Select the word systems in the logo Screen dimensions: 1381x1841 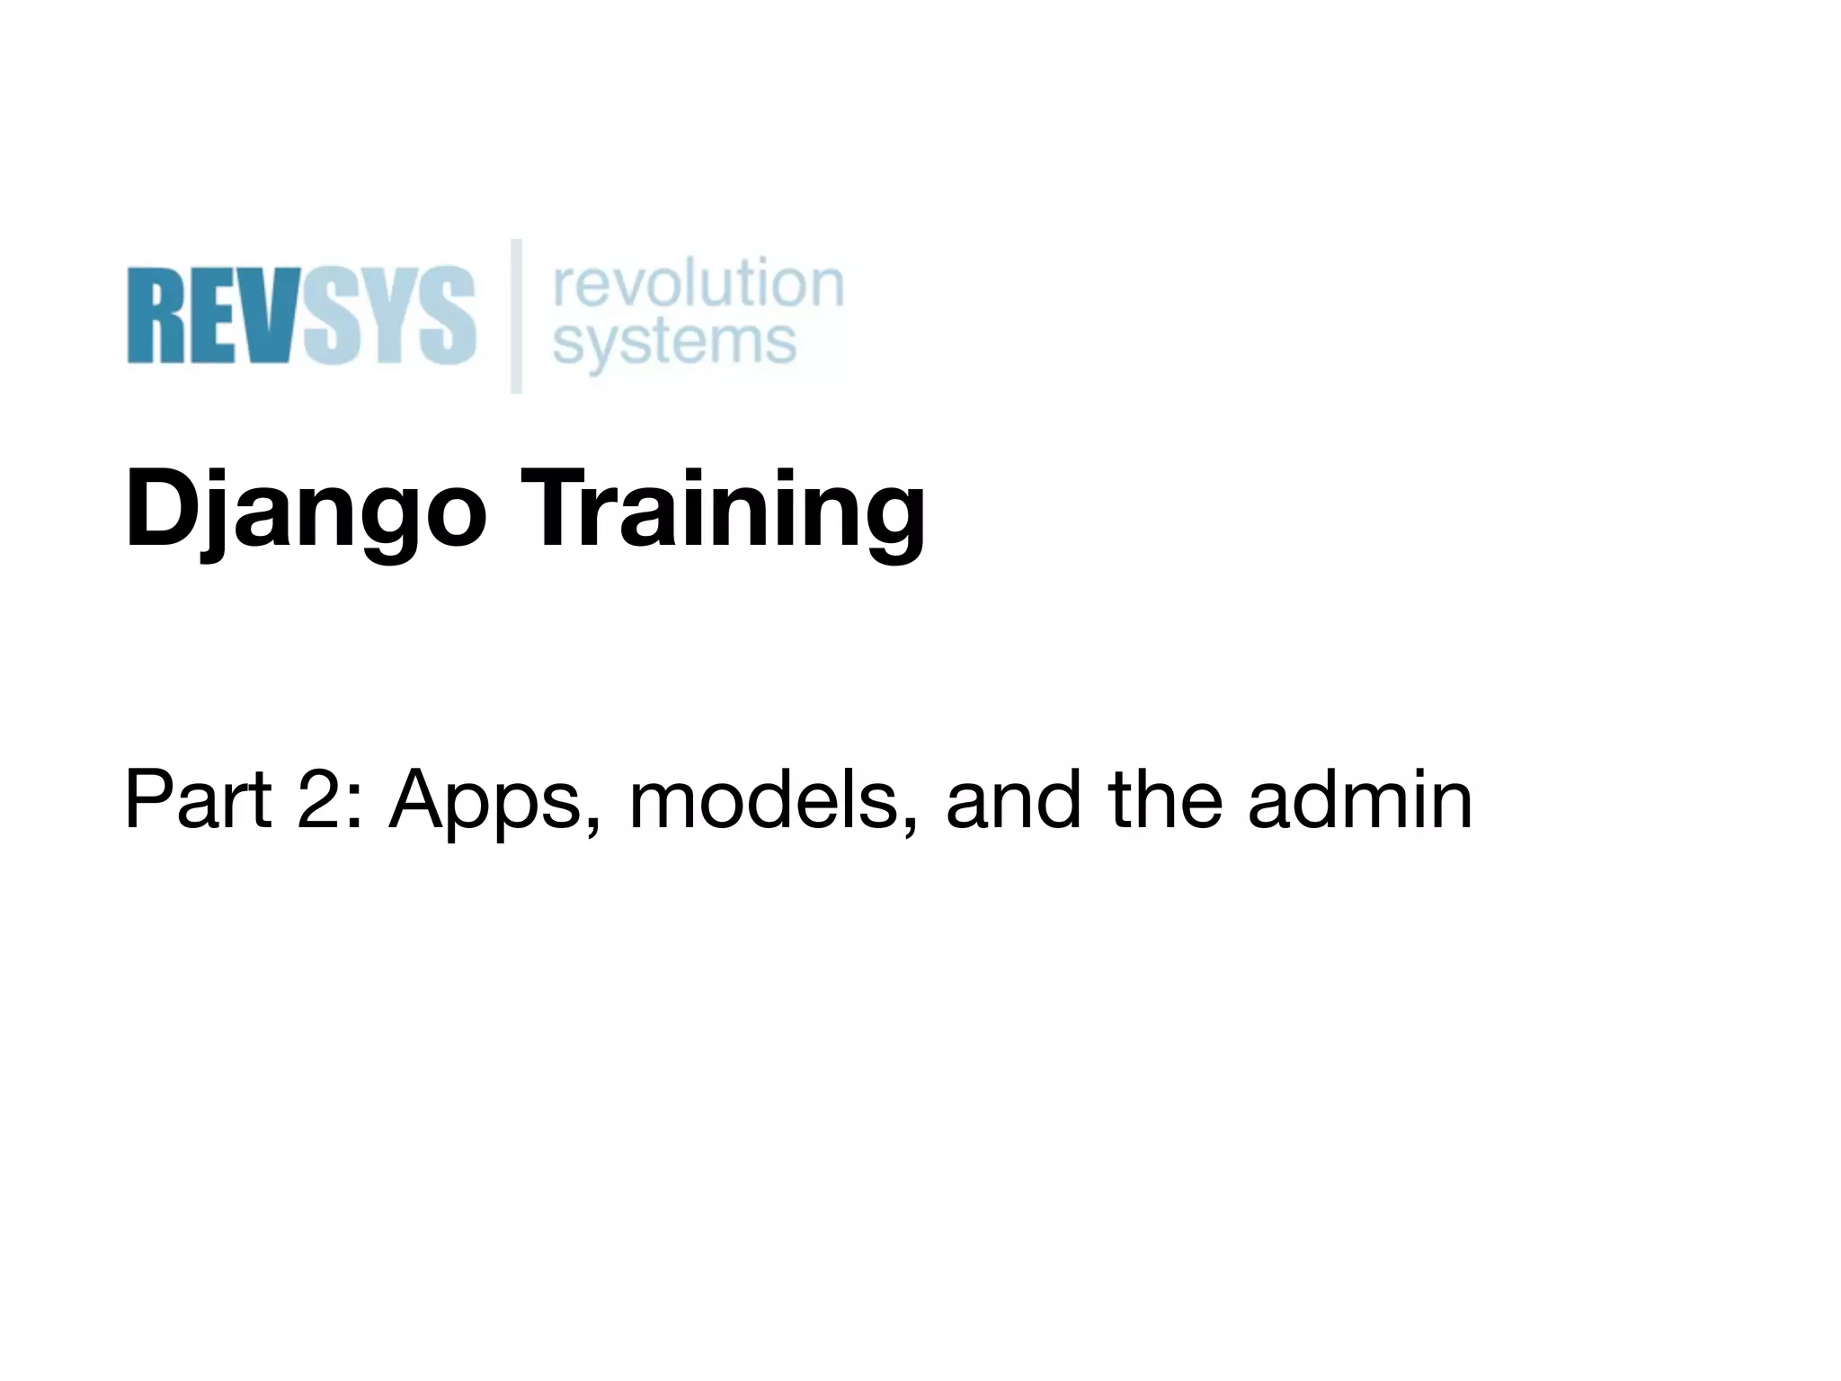coord(674,342)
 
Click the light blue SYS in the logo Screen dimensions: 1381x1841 coord(388,315)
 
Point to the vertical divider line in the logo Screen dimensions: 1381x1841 coord(516,316)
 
